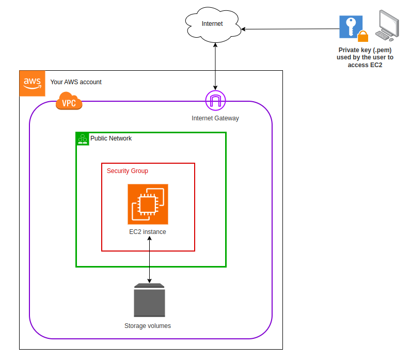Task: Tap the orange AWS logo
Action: tap(32, 83)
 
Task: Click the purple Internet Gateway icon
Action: tap(215, 100)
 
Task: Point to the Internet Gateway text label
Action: tap(215, 118)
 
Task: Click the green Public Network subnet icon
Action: tap(83, 138)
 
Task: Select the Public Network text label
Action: tap(111, 138)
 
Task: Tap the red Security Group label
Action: tap(128, 171)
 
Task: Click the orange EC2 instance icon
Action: tap(148, 204)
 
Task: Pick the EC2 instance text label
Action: tap(148, 232)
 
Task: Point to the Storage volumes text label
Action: tap(148, 326)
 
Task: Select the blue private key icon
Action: tap(351, 26)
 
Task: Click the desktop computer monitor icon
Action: tap(388, 25)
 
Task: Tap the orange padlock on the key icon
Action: tap(363, 37)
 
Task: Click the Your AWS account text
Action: tap(76, 82)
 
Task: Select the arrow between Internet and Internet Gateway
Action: tap(215, 66)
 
